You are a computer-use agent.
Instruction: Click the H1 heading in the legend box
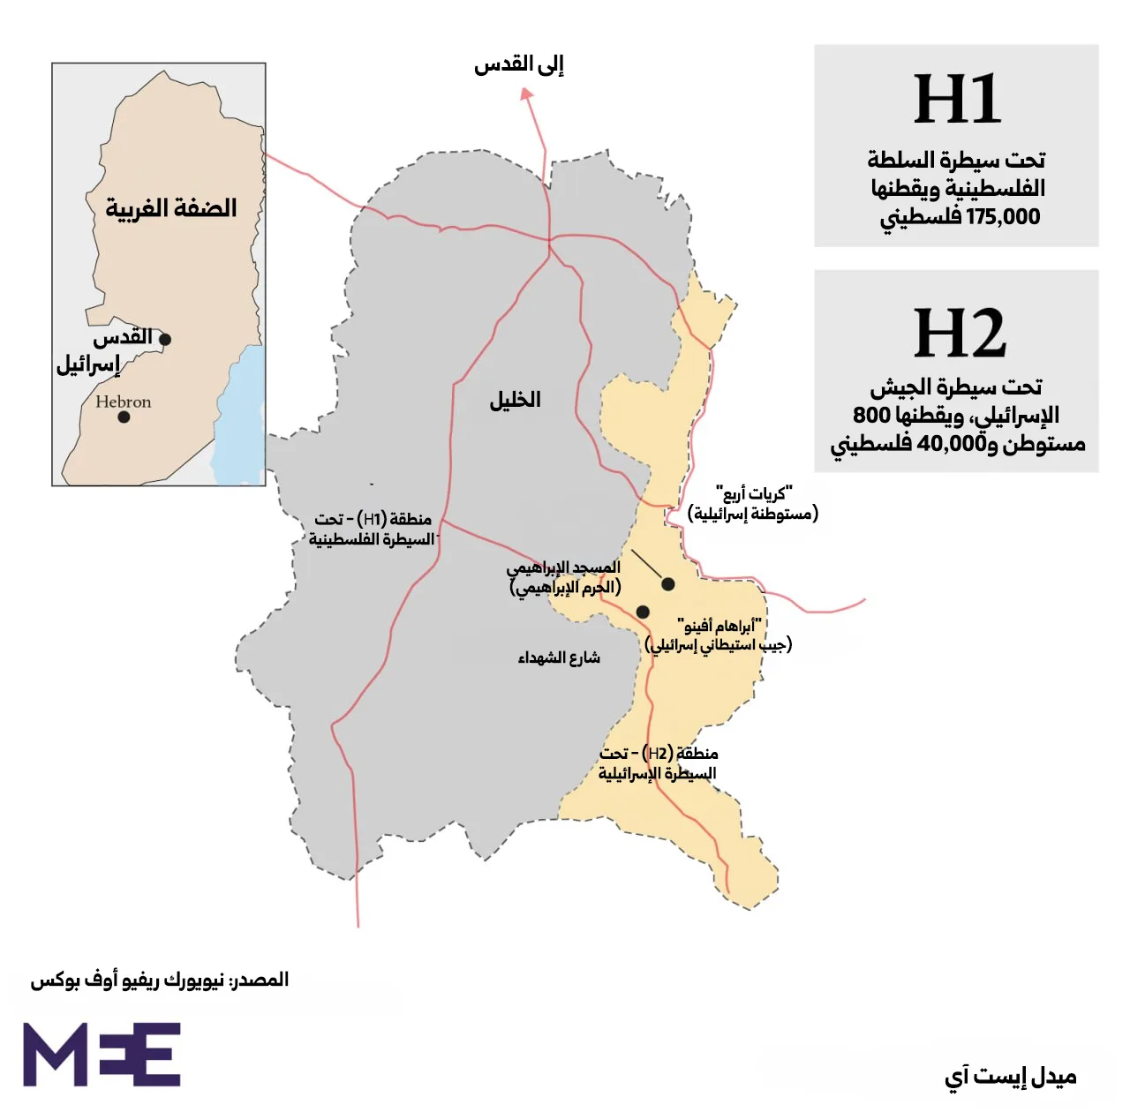957,100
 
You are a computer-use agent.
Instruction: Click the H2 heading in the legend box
959,334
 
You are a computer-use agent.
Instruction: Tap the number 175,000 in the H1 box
1003,217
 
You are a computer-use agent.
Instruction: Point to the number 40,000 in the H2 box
952,443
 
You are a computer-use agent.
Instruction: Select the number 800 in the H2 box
871,415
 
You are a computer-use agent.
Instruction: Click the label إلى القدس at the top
519,64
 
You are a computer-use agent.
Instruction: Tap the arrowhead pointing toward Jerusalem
526,94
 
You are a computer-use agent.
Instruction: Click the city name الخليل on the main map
515,400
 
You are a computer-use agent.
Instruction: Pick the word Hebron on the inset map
124,402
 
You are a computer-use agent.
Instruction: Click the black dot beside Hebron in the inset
124,417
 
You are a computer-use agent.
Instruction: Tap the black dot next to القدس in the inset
165,339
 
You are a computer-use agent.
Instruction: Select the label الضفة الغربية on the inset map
171,208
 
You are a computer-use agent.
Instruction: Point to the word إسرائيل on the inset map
88,364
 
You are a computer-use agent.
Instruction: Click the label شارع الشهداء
559,657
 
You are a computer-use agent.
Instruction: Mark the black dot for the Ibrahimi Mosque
668,584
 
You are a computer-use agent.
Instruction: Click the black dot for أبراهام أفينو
643,612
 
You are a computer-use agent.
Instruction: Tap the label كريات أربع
754,493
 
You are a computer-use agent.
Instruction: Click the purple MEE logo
102,1055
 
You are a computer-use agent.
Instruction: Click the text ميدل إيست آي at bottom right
1010,1077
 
